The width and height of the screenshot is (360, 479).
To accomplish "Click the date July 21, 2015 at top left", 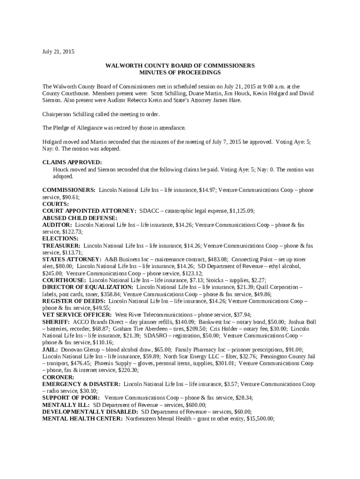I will coord(58,51).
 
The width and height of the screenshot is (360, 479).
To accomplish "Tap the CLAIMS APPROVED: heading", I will coord(72,162).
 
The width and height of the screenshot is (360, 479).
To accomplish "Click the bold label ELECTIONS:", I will coord(59,238).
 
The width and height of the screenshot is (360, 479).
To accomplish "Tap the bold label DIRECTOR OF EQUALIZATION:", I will coord(88,287).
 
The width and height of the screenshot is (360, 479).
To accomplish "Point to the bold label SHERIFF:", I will coord(56,322).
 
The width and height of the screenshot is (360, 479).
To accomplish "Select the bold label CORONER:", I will coord(58,377).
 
